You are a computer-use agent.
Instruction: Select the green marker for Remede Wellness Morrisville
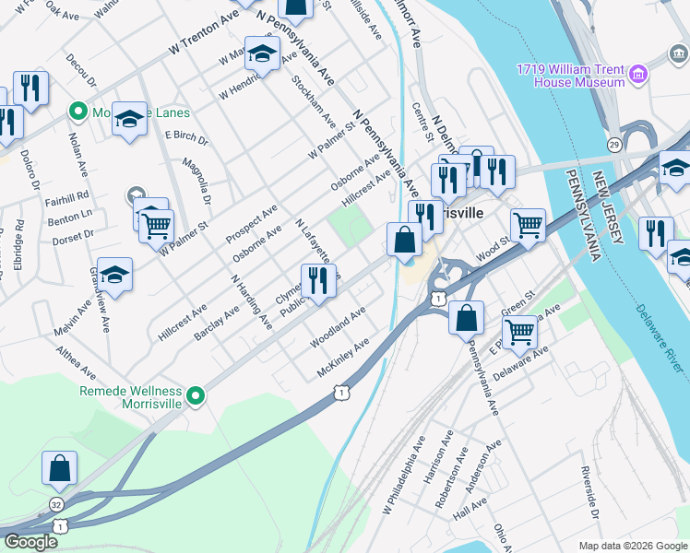tap(195, 396)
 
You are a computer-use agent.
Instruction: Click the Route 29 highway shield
tap(614, 144)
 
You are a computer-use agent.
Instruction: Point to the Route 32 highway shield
tap(57, 504)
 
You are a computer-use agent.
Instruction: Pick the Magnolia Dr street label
tap(197, 182)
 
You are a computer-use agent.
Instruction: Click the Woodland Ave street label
tap(338, 327)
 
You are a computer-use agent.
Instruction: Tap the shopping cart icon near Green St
tap(520, 331)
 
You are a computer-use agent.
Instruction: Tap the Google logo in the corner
tap(30, 542)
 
